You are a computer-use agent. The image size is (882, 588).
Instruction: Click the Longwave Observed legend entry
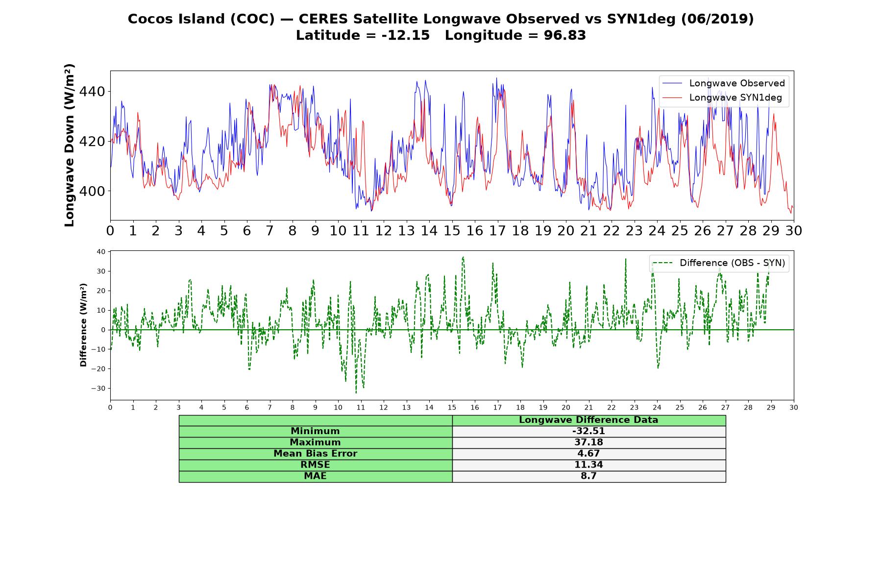pos(723,83)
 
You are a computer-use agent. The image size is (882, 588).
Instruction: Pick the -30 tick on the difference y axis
pos(98,389)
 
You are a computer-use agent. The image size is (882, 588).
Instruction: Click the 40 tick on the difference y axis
pos(101,252)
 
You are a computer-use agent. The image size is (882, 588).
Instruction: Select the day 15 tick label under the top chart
pos(452,230)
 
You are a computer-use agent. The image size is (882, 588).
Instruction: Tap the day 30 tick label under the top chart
pos(794,230)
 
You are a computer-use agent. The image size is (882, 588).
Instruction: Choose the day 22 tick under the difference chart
pos(612,408)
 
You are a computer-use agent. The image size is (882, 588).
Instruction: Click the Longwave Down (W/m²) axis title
pos(70,145)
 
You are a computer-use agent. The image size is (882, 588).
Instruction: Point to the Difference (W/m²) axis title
pos(83,325)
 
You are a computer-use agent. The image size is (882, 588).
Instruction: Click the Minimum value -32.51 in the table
pos(588,431)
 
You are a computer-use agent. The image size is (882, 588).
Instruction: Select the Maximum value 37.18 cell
pos(588,442)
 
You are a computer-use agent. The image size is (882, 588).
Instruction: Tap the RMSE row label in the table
pos(316,465)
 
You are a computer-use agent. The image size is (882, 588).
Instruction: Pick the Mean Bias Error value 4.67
pos(588,454)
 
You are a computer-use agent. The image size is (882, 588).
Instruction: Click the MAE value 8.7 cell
pos(588,476)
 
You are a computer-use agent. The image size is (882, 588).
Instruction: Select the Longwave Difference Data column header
pos(588,420)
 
